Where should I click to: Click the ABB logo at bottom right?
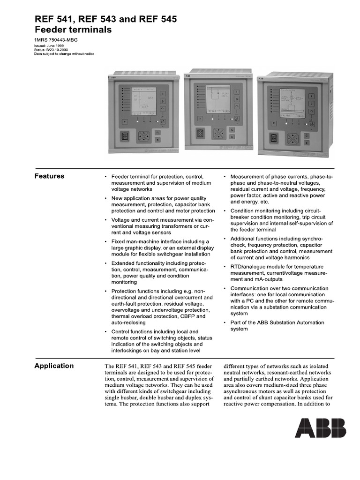point(321,428)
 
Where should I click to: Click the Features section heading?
point(49,176)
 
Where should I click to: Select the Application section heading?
point(54,366)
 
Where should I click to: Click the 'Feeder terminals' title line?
point(73,30)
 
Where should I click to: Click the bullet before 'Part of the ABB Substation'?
point(225,323)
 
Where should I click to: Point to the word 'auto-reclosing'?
point(128,323)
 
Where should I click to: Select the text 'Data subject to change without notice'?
point(64,54)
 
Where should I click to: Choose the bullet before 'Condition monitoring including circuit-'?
point(225,211)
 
